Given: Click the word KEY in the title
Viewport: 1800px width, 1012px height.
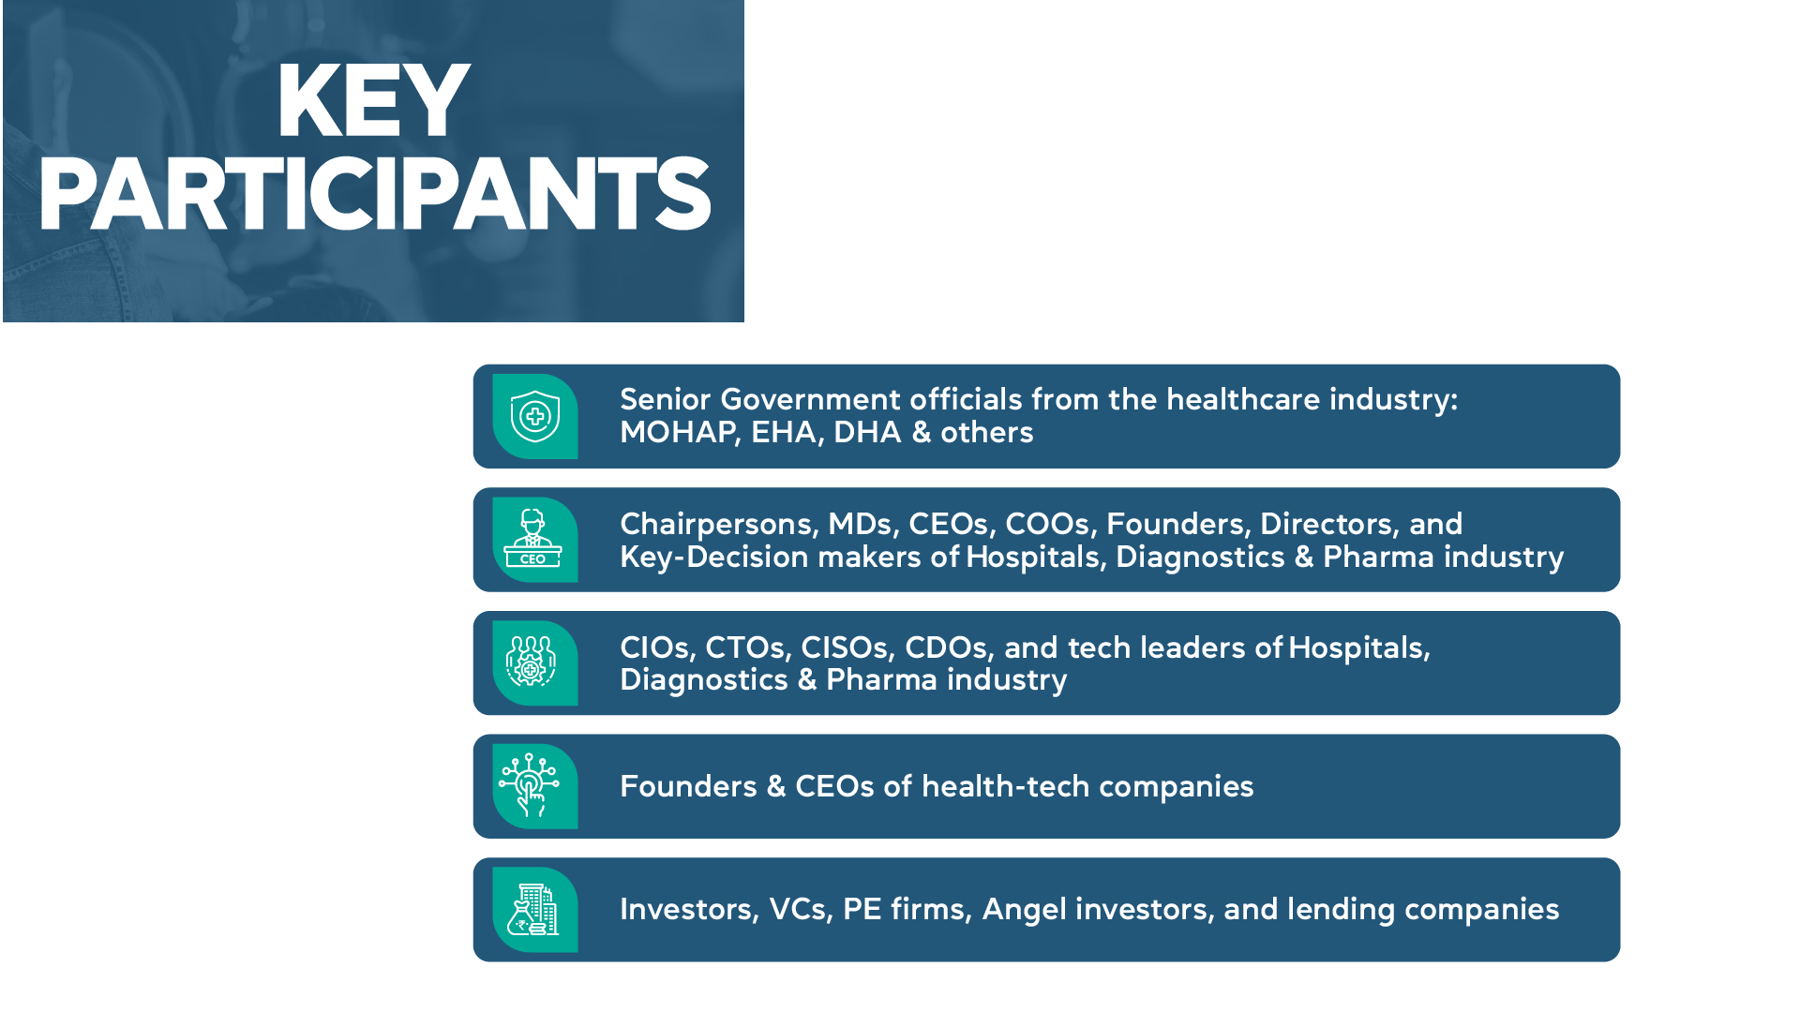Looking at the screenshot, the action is pos(373,101).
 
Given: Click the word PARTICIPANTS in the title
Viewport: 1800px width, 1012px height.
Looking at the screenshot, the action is pos(375,194).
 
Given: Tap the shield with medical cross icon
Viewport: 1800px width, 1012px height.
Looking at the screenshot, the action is pos(535,417).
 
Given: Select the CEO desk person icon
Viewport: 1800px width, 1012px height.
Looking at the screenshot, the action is pos(532,539).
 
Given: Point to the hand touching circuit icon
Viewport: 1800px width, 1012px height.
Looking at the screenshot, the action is pos(529,785).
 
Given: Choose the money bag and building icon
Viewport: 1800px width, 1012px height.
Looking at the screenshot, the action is pos(532,910).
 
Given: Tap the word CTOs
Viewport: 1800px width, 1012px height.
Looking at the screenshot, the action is pos(748,647).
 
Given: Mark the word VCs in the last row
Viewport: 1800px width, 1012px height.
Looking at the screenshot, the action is pos(801,909).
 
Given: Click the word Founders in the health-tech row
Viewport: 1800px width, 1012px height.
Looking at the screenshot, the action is pos(688,786).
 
